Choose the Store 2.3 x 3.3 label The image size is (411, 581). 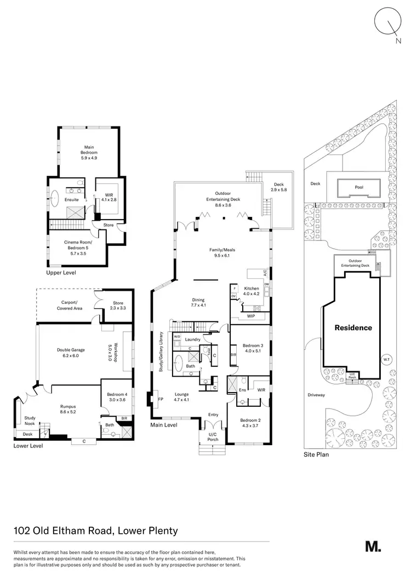(118, 306)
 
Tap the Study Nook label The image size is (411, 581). (30, 421)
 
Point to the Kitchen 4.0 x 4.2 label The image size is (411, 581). (251, 291)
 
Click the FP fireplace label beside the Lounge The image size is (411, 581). (161, 399)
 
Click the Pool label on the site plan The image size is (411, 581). (359, 187)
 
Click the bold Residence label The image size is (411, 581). (353, 328)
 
